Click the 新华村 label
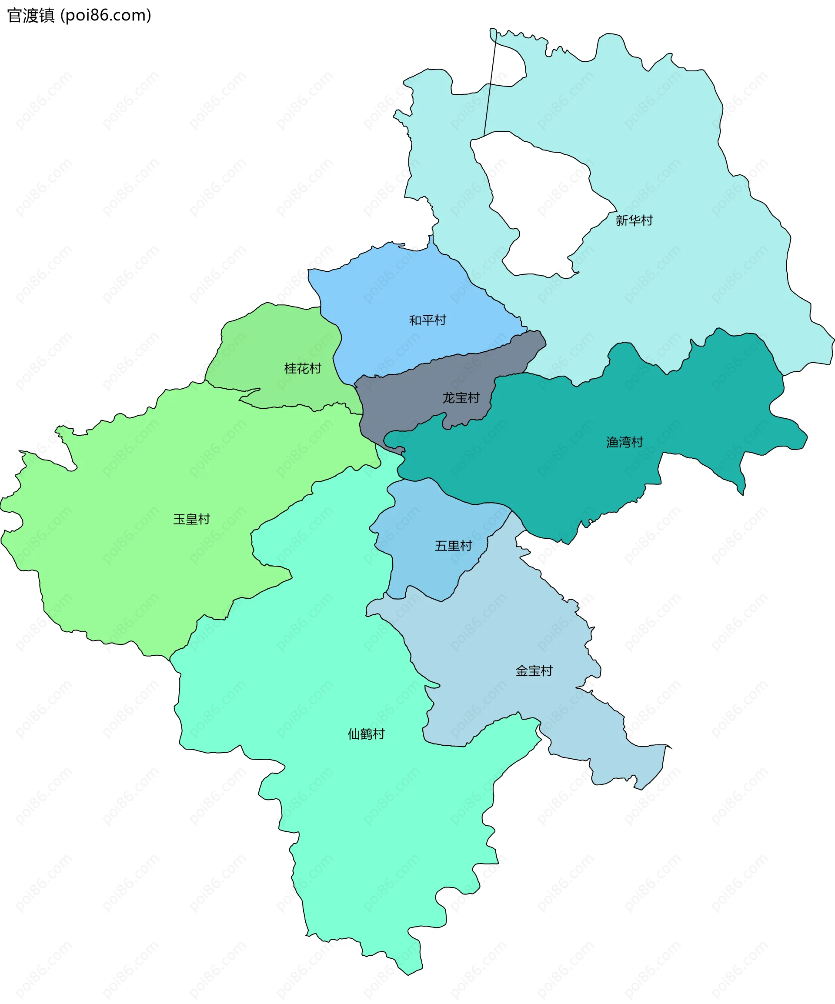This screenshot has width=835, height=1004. click(x=634, y=220)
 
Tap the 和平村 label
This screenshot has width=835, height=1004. click(x=427, y=320)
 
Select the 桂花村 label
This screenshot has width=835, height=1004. click(x=302, y=369)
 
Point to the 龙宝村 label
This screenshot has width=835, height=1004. click(x=461, y=398)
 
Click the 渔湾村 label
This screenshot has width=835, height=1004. click(x=625, y=442)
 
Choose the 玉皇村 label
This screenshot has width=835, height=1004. click(x=191, y=519)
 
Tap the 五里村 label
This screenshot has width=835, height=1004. click(x=453, y=546)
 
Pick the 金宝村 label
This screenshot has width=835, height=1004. click(x=534, y=671)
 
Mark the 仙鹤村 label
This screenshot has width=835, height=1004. click(x=366, y=734)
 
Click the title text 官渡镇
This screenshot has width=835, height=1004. click(x=31, y=16)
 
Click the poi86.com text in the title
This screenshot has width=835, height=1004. click(x=106, y=16)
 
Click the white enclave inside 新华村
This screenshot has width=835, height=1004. click(x=541, y=206)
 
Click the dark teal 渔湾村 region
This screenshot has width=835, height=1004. click(x=574, y=478)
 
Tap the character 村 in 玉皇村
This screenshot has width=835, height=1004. click(x=204, y=519)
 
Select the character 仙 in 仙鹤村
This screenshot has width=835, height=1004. click(x=354, y=734)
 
